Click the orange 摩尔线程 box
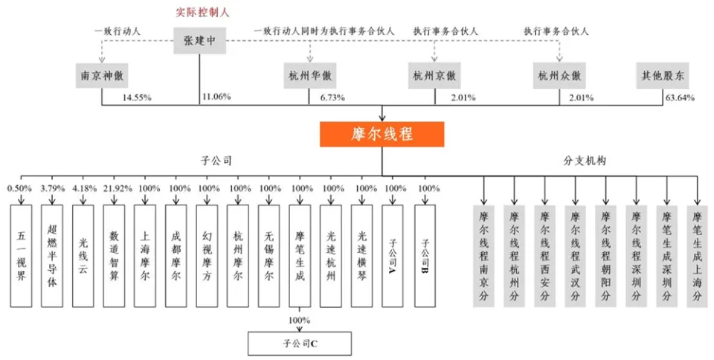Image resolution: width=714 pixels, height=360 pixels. coord(382,135)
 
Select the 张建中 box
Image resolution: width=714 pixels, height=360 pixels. coord(199,40)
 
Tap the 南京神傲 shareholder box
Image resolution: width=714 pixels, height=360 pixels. coord(102,76)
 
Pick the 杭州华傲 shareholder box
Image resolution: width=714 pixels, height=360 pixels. coord(309,76)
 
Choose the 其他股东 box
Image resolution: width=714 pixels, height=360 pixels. coord(663,76)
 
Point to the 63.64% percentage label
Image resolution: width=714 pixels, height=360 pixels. coord(680,98)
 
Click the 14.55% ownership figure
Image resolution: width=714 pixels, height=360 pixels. coord(137,98)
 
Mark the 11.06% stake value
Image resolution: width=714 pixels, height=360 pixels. coord(216,97)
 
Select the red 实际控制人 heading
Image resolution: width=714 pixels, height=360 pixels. coord(202,13)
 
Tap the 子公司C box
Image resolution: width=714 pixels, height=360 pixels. coord(300,343)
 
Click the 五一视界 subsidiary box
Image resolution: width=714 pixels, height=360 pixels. coord(22,256)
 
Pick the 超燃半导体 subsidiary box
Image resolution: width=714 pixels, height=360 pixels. coord(52,256)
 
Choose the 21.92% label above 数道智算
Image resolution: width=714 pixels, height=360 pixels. coord(118,188)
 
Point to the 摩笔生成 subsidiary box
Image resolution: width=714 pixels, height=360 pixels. coord(300,256)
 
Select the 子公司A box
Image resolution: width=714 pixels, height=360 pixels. coord(393,256)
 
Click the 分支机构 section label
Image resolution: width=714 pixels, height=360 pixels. coord(585,161)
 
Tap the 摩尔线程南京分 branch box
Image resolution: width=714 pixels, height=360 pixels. coord(483,256)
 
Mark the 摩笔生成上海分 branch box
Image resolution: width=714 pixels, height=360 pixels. coord(697,256)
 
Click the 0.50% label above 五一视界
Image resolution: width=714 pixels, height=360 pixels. coord(19,188)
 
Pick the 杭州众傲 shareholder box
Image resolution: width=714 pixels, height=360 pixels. coord(559,76)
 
